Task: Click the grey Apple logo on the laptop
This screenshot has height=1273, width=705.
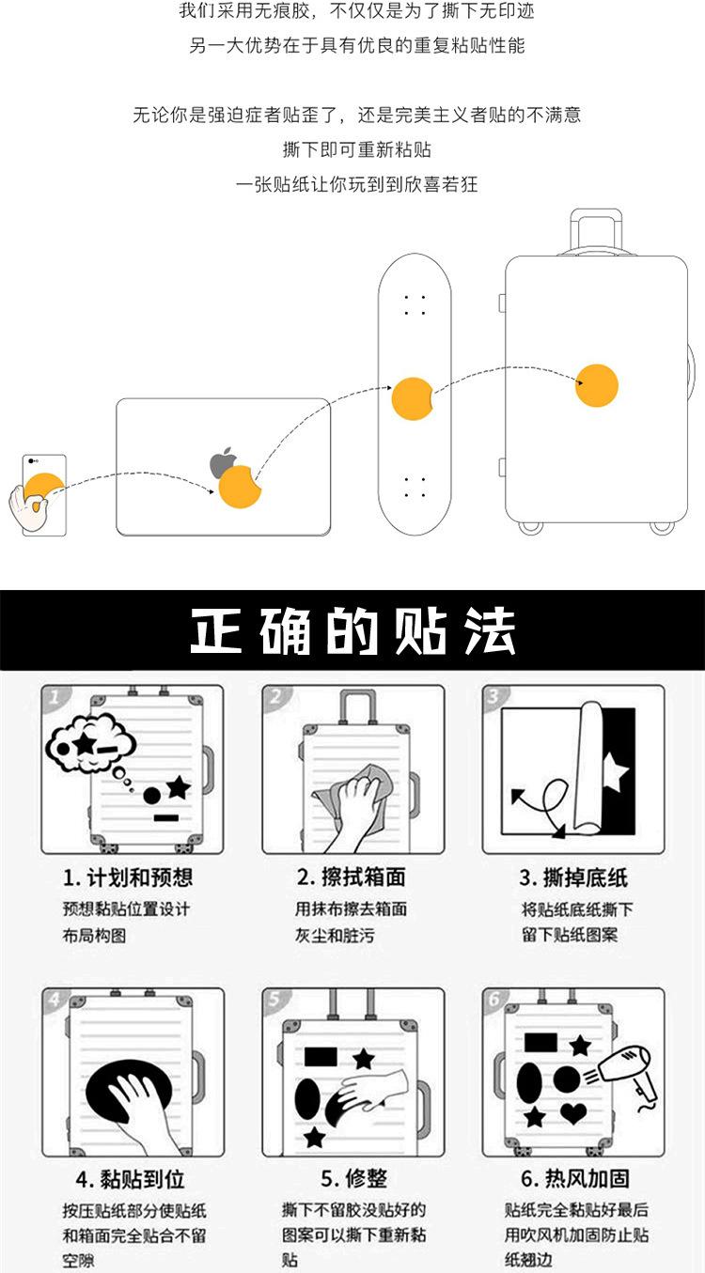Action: (x=223, y=463)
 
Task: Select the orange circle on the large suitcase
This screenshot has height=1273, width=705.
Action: (x=597, y=385)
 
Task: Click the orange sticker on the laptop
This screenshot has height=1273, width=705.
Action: (x=242, y=488)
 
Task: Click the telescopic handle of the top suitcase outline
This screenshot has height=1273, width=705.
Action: (x=596, y=231)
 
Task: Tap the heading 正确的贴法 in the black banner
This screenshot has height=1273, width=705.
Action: (x=352, y=630)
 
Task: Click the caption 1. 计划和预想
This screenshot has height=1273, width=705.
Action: (x=128, y=877)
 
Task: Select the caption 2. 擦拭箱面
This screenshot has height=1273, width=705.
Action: (x=351, y=877)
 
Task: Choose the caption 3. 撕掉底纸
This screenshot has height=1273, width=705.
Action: (x=573, y=877)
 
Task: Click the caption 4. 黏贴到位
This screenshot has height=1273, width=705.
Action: (x=130, y=1179)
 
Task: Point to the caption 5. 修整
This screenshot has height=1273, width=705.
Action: (x=353, y=1179)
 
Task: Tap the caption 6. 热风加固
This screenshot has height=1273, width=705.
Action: (x=574, y=1179)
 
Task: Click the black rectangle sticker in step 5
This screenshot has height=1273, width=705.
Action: (x=322, y=1054)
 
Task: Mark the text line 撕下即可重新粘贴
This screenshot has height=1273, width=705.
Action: (x=356, y=149)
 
